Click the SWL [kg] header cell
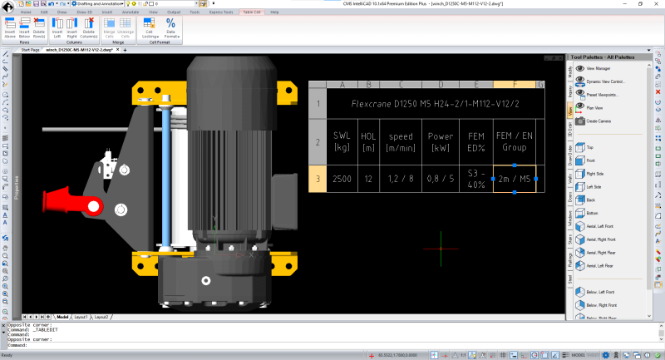click(342, 141)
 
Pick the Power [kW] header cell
click(440, 141)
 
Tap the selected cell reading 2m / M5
click(515, 179)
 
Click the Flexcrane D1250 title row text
click(423, 104)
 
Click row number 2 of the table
click(318, 141)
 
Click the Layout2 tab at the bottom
click(101, 317)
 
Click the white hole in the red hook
click(94, 205)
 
